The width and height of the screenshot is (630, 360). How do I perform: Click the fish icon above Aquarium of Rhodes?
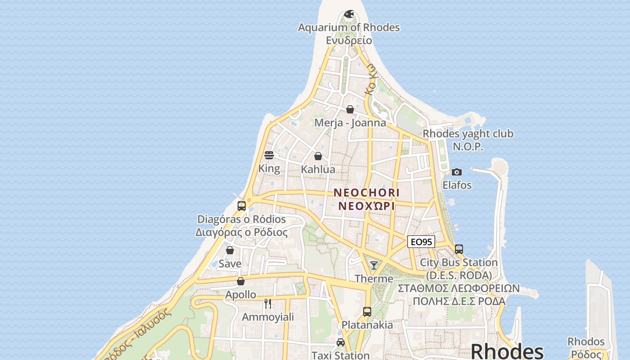(349, 14)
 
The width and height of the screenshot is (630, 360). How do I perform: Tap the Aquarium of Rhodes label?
(349, 27)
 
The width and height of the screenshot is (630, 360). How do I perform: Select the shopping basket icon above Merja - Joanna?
(350, 109)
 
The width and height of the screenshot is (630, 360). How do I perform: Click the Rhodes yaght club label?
(468, 134)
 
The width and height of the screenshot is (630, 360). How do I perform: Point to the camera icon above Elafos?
(457, 172)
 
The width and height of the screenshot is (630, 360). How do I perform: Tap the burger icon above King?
(269, 155)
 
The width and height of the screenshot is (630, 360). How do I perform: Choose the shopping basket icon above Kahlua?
(318, 156)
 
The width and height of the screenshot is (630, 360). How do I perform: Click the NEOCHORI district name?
(366, 193)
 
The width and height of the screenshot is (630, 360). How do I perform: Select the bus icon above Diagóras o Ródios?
(242, 206)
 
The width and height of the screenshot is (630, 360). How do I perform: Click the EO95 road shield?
(421, 242)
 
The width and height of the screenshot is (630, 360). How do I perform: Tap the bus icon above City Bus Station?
(459, 249)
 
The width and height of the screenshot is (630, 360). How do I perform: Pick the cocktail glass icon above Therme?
(374, 265)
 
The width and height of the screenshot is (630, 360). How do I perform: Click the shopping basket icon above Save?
(230, 250)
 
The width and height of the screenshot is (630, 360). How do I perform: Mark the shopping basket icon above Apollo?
(241, 281)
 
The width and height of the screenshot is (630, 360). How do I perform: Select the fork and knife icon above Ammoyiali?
(268, 303)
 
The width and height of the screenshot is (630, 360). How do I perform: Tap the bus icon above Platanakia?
(367, 311)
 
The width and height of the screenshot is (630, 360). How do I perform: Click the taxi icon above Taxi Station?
(341, 342)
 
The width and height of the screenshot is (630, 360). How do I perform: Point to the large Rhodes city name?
(507, 351)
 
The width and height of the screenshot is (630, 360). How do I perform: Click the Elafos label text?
(457, 185)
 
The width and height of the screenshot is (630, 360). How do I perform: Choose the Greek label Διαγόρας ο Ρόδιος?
(242, 232)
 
